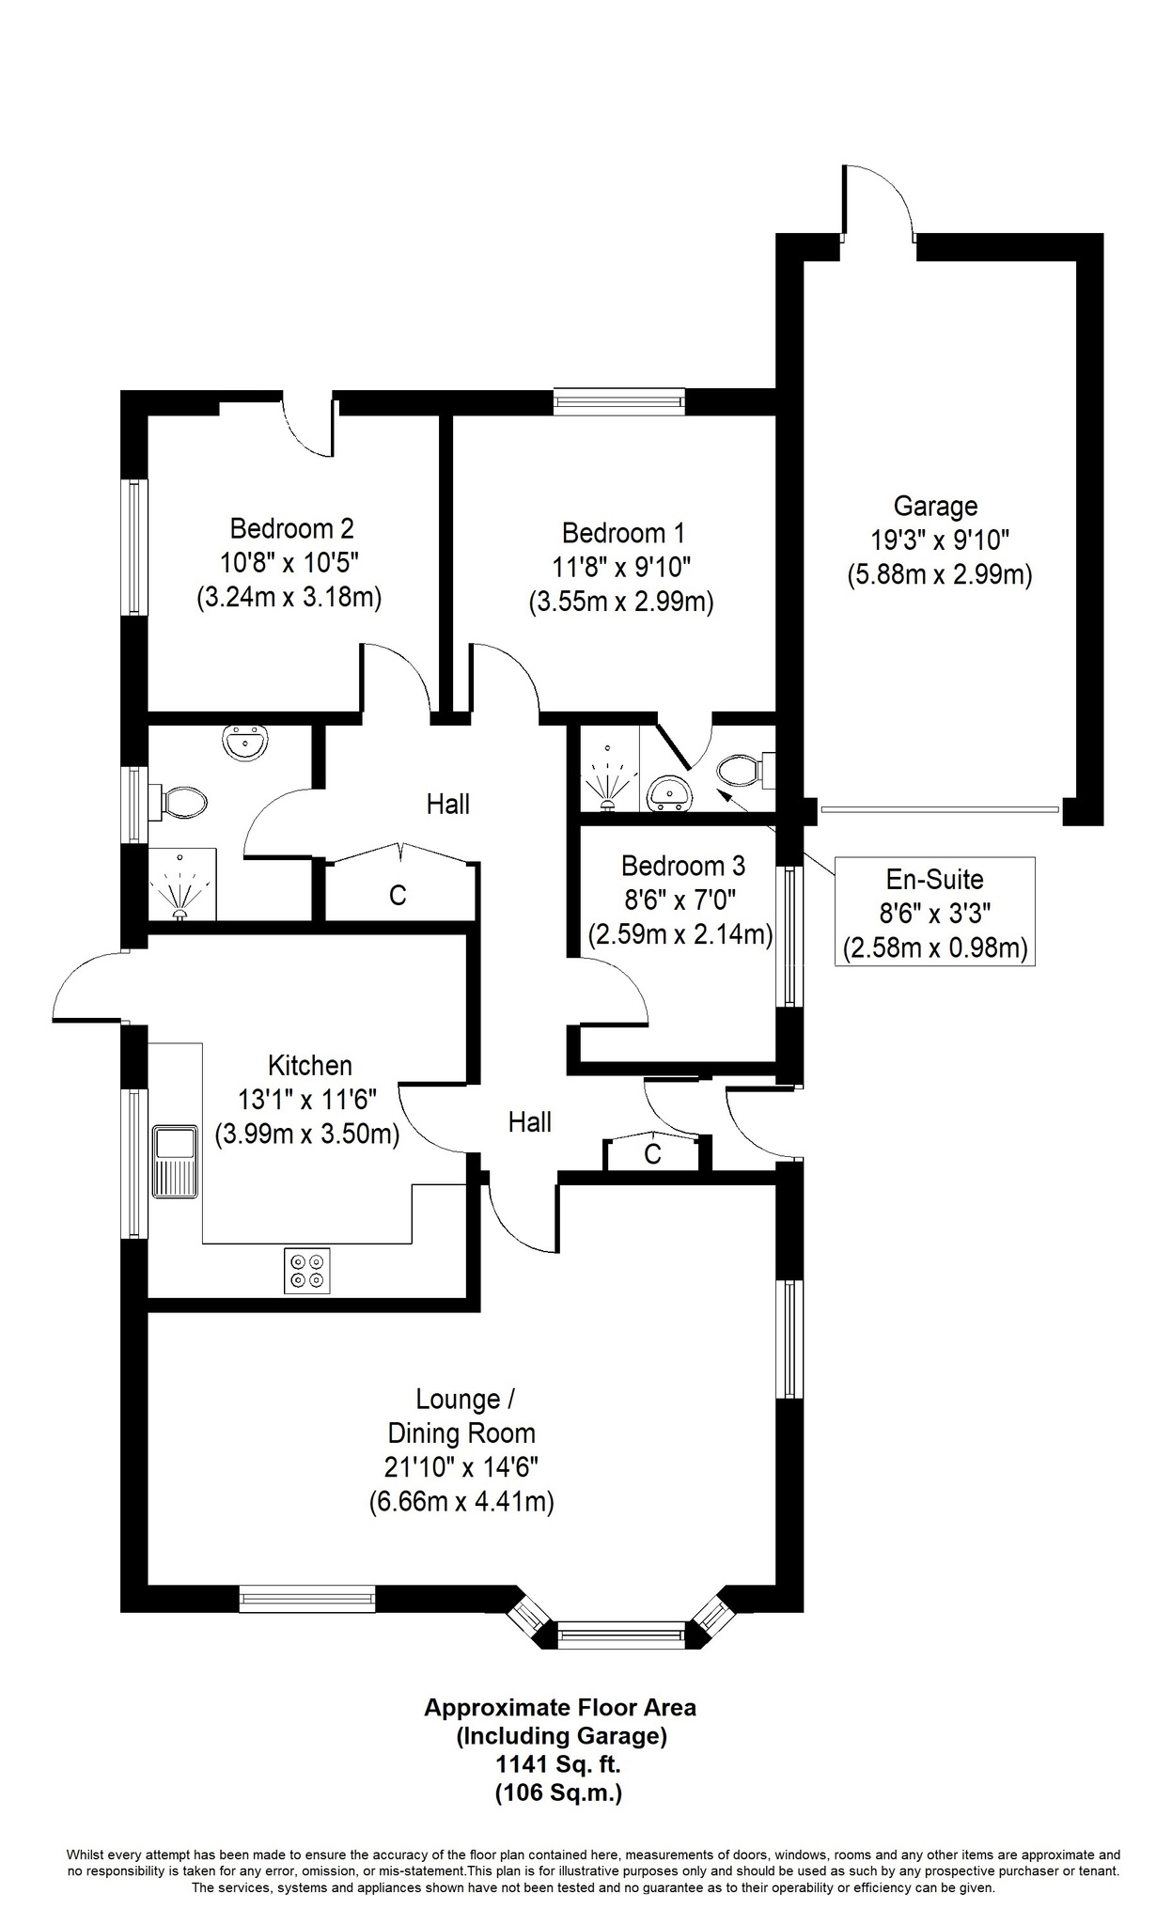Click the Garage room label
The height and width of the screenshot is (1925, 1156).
tap(935, 507)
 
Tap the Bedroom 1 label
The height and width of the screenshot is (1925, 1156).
tap(623, 534)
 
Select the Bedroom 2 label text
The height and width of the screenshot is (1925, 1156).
tap(291, 528)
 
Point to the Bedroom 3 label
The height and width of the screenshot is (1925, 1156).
tap(683, 866)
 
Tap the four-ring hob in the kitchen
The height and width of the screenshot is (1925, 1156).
tap(307, 1270)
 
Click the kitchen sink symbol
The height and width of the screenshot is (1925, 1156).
tap(176, 1159)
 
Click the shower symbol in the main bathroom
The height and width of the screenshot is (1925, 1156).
tap(180, 888)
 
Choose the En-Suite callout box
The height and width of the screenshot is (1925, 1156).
tap(935, 912)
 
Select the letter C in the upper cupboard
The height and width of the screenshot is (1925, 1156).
tap(398, 896)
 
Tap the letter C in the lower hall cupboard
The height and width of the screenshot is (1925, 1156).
tap(652, 1154)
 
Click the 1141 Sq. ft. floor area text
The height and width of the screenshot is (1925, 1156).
tap(559, 1766)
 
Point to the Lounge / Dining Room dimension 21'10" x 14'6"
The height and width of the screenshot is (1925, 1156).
tap(461, 1466)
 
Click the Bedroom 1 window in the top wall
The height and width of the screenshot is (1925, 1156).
tap(619, 403)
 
